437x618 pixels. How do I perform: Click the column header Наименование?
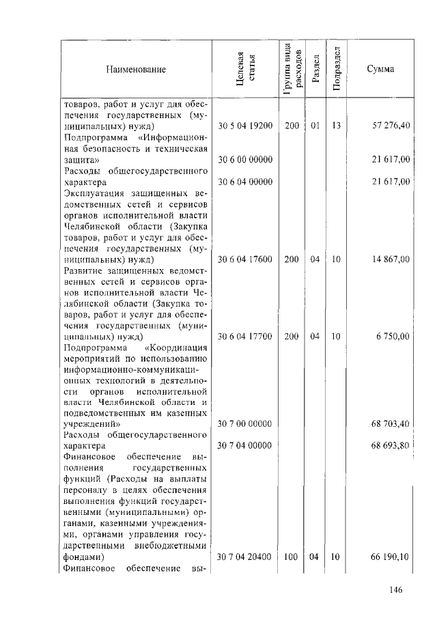(135, 70)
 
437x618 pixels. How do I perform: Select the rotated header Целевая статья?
(245, 70)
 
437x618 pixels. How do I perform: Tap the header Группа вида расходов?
(291, 70)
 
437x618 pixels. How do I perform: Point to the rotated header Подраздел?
(337, 70)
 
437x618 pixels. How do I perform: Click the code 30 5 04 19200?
(245, 126)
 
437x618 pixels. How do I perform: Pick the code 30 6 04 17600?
(245, 259)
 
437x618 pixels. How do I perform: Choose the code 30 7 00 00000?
(245, 424)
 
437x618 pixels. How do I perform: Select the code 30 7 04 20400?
(245, 557)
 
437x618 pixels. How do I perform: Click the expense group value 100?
(291, 557)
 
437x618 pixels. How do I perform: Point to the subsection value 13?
(336, 126)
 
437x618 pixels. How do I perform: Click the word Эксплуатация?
(93, 193)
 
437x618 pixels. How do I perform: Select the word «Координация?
(178, 347)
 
